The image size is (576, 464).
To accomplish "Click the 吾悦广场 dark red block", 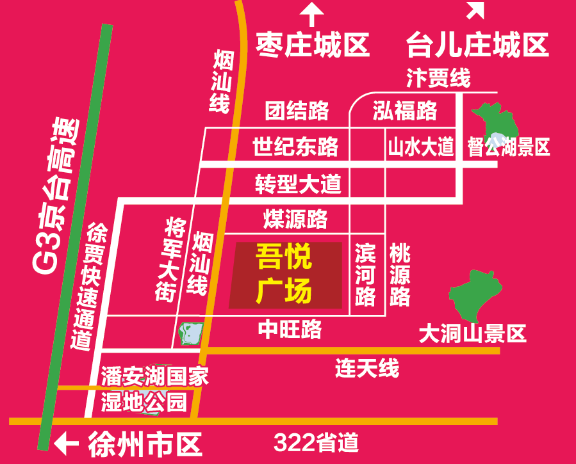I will click(x=286, y=275).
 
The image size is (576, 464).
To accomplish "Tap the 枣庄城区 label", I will click(x=313, y=45).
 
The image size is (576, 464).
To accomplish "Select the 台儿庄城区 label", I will click(x=477, y=45).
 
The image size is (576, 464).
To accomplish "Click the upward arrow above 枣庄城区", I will click(x=313, y=13).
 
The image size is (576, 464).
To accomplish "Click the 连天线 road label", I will click(x=367, y=368).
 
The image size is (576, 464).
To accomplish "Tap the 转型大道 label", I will click(x=298, y=184).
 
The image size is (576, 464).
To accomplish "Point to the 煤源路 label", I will click(x=295, y=219).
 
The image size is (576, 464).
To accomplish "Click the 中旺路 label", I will click(x=290, y=329).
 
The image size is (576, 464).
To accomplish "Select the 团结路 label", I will click(x=297, y=111).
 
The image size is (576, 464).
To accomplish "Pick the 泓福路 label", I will click(x=405, y=111).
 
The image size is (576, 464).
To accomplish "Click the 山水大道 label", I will click(x=420, y=148).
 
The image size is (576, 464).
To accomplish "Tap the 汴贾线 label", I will click(x=438, y=78).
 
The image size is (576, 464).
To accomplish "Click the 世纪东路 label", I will click(x=295, y=148).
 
